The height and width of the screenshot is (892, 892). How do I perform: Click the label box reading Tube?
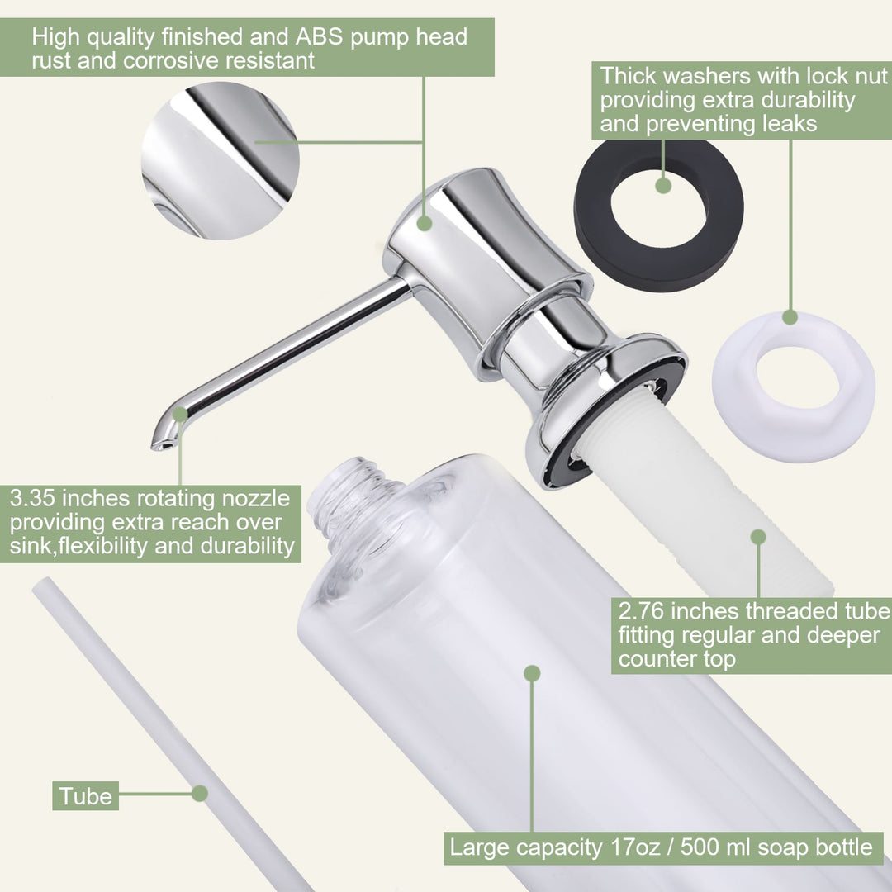point(85,796)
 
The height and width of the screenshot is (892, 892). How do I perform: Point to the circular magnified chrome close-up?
point(221,160)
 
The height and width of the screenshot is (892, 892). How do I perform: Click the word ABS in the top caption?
point(319,37)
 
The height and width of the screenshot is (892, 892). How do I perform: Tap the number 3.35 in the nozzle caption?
point(32,498)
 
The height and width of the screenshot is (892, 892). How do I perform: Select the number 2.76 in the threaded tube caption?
point(641,611)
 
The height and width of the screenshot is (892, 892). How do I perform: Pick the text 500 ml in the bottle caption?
point(716,847)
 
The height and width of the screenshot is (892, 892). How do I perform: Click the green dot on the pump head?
point(425,223)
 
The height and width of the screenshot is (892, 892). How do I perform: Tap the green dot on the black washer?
point(663,186)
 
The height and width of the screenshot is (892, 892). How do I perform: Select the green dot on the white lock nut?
point(790,317)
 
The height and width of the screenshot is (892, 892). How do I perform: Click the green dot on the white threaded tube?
point(758,537)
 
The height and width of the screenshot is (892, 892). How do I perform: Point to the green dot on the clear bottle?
point(532,674)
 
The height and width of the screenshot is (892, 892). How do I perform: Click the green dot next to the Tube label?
point(200,794)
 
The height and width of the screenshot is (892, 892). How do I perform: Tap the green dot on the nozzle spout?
point(180,414)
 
